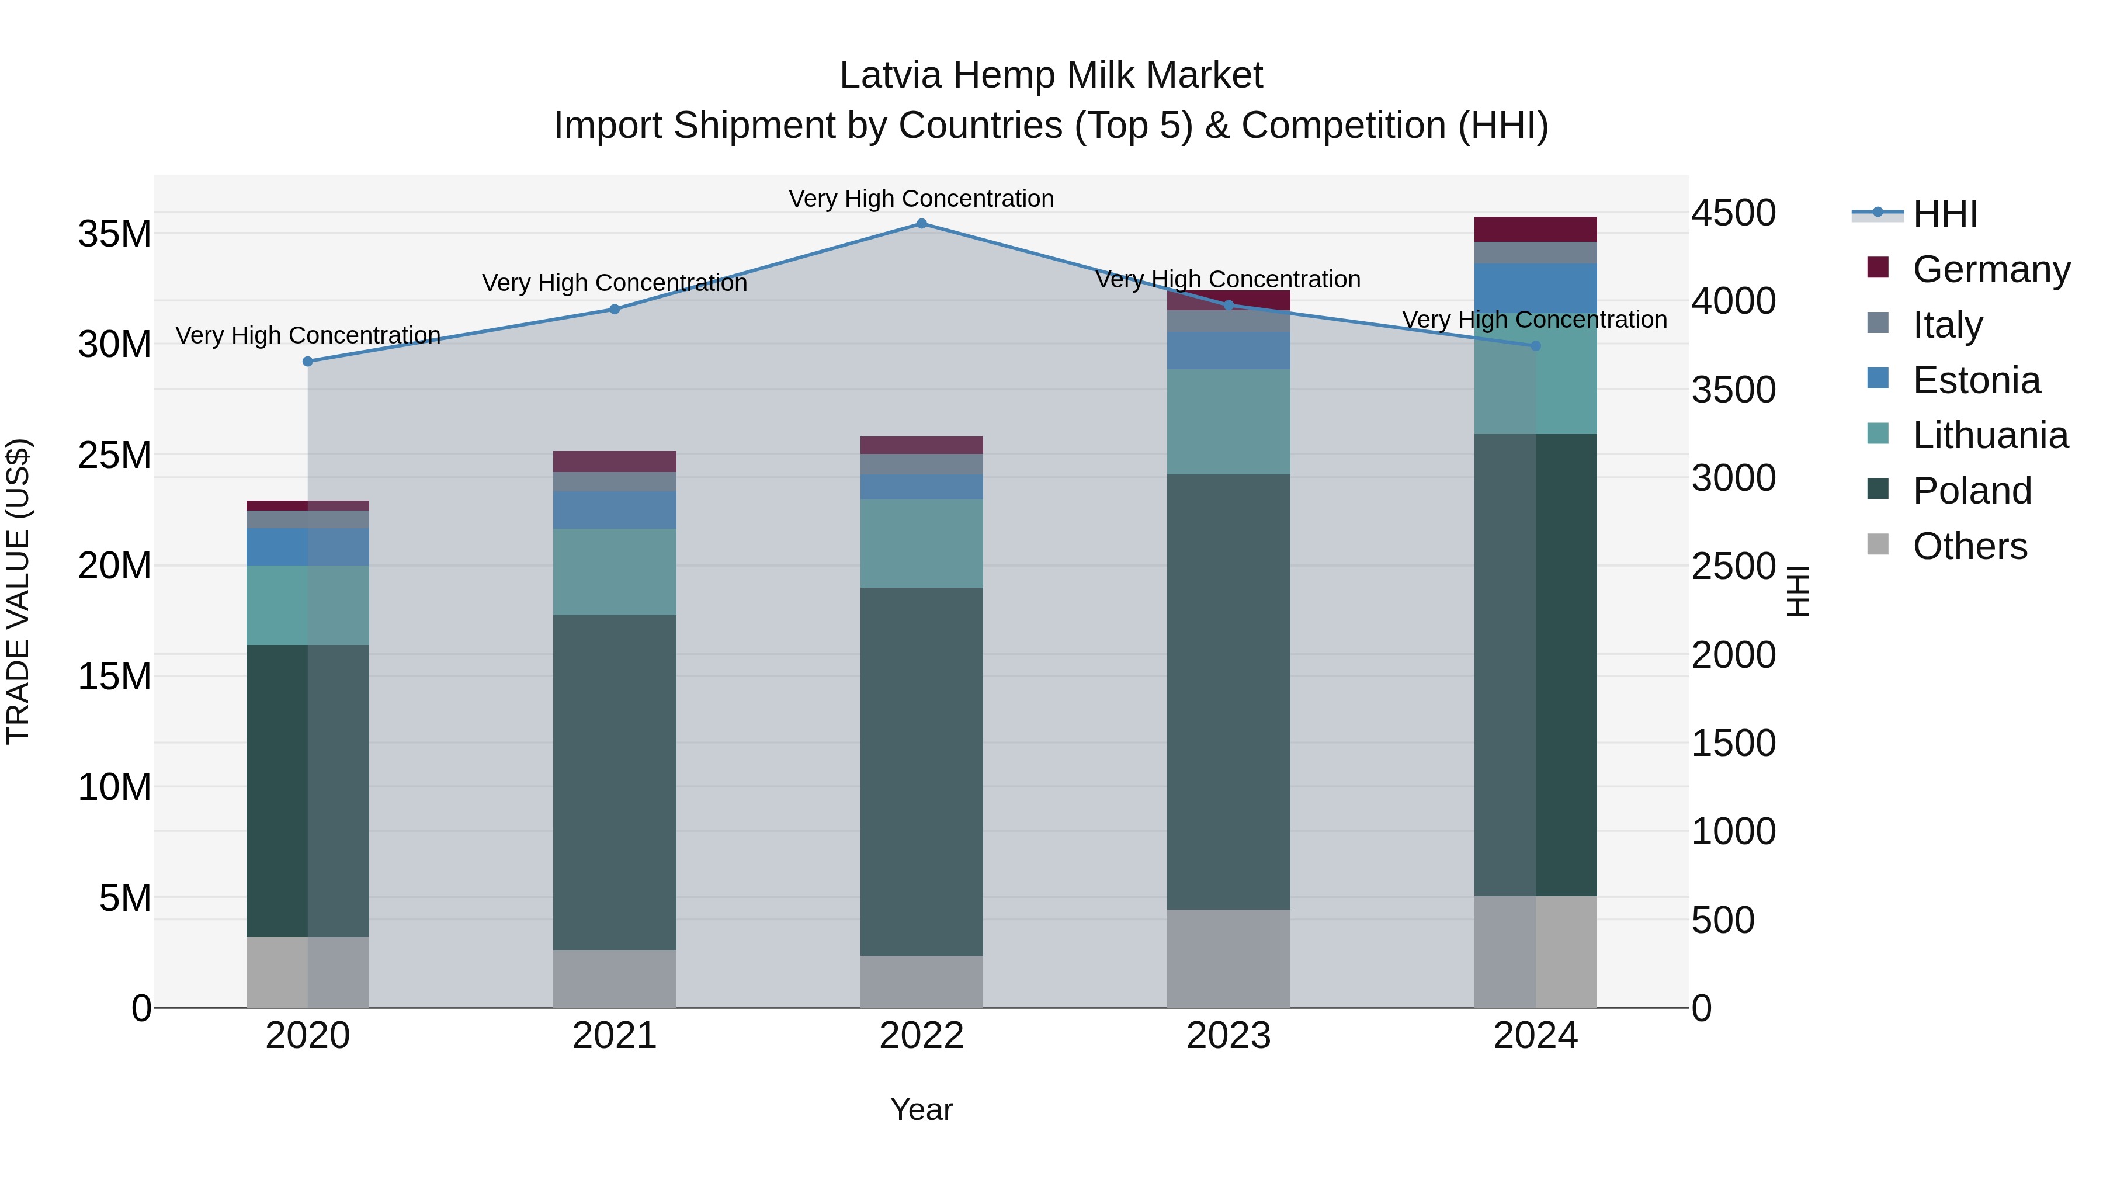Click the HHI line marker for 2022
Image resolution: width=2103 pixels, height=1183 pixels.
pos(922,224)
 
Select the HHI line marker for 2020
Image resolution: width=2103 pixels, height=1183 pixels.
pos(308,362)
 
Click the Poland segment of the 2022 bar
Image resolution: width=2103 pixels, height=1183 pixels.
pos(922,772)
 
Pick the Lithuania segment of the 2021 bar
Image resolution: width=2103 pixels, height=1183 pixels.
pos(615,571)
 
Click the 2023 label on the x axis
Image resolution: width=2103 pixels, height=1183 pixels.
pos(1229,1036)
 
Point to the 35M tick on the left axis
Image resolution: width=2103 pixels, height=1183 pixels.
pos(114,234)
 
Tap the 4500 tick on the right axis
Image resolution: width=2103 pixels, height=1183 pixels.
pos(1733,213)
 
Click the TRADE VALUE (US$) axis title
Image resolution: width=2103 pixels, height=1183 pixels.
pos(19,591)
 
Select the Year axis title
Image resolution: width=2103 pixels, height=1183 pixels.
pos(922,1109)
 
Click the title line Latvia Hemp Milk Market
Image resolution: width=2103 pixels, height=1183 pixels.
pos(1051,75)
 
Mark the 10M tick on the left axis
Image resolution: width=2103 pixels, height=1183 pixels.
pos(114,787)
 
